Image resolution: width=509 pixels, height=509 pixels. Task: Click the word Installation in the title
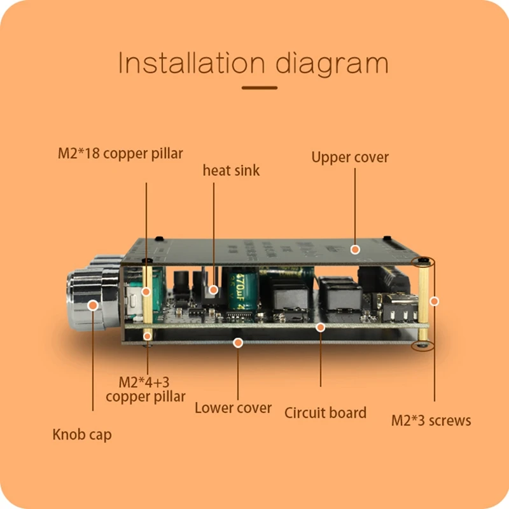click(x=191, y=64)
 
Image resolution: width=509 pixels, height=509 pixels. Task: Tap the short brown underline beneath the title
click(x=259, y=88)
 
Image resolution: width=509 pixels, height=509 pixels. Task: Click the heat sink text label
click(x=231, y=170)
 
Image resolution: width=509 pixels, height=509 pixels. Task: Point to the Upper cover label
click(x=350, y=157)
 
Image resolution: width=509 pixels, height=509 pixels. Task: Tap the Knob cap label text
click(x=81, y=435)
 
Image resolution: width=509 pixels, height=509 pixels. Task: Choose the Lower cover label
click(x=233, y=408)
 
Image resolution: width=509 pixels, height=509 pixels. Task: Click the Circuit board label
click(x=325, y=412)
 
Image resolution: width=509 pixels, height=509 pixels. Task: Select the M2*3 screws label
click(x=431, y=421)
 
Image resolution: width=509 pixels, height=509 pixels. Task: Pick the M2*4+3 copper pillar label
click(x=146, y=389)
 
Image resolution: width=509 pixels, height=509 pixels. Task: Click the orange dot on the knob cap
click(x=94, y=306)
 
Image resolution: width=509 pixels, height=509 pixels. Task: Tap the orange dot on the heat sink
click(x=214, y=289)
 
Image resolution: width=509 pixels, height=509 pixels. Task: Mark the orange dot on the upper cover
click(x=356, y=249)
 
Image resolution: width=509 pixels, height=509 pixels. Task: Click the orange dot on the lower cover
click(x=238, y=342)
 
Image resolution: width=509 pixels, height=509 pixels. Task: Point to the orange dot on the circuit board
click(x=321, y=327)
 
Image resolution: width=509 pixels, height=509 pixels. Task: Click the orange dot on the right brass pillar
click(x=435, y=300)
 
